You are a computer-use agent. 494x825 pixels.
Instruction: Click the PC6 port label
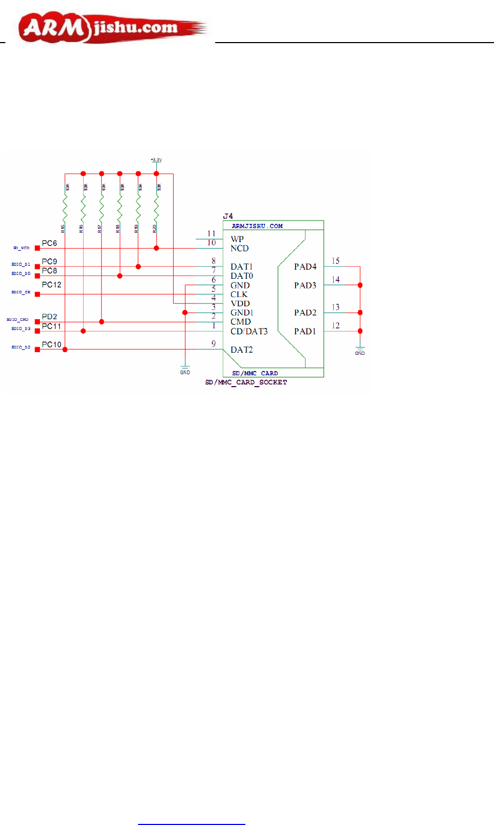click(49, 244)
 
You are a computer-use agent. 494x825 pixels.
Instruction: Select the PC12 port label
click(52, 285)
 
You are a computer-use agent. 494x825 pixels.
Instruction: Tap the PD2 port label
click(49, 317)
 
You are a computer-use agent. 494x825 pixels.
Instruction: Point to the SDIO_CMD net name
click(17, 320)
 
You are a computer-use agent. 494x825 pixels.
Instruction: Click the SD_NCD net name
click(21, 248)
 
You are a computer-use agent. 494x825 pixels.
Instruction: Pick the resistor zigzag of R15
click(65, 209)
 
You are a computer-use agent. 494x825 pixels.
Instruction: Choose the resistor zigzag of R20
click(156, 209)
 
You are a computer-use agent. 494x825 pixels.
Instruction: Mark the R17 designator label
click(100, 229)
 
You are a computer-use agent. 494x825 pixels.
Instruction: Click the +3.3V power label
click(156, 160)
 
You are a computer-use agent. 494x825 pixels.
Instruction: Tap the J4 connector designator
click(228, 216)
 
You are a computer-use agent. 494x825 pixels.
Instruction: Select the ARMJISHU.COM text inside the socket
click(257, 226)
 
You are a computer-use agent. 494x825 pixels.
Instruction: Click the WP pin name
click(237, 239)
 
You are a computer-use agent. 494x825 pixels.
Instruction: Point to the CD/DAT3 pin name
click(249, 331)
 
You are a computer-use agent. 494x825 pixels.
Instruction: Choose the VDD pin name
click(240, 304)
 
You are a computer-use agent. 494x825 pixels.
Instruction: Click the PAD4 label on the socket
click(305, 266)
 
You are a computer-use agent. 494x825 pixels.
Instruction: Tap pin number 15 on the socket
click(335, 261)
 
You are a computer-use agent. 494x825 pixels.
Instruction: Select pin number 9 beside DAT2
click(214, 344)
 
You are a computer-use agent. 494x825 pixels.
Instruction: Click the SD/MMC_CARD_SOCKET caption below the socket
click(246, 382)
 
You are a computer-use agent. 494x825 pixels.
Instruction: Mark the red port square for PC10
click(37, 349)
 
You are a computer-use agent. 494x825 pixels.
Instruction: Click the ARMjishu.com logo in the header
click(112, 28)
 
